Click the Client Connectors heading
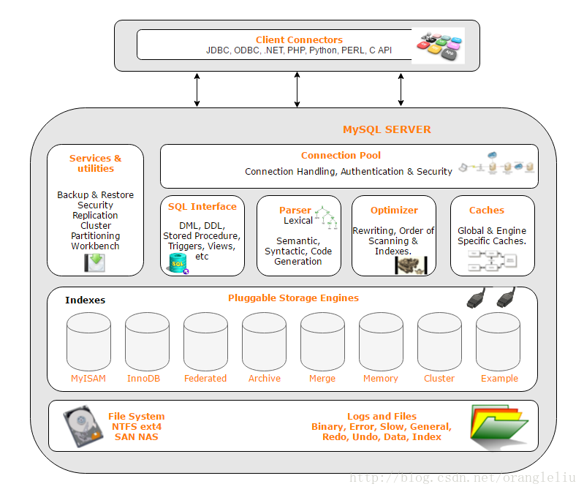[x=299, y=39]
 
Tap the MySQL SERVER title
[x=387, y=129]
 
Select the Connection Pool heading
[x=341, y=155]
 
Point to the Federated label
[x=205, y=378]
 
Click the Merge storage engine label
[x=322, y=378]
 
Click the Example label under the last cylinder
[x=499, y=378]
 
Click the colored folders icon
[x=498, y=425]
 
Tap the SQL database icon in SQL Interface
[x=178, y=264]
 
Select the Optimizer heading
[x=394, y=210]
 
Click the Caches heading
[x=487, y=210]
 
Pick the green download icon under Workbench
[x=94, y=262]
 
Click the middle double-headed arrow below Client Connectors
[x=297, y=89]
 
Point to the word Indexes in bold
[x=85, y=300]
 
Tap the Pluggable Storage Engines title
[x=293, y=298]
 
